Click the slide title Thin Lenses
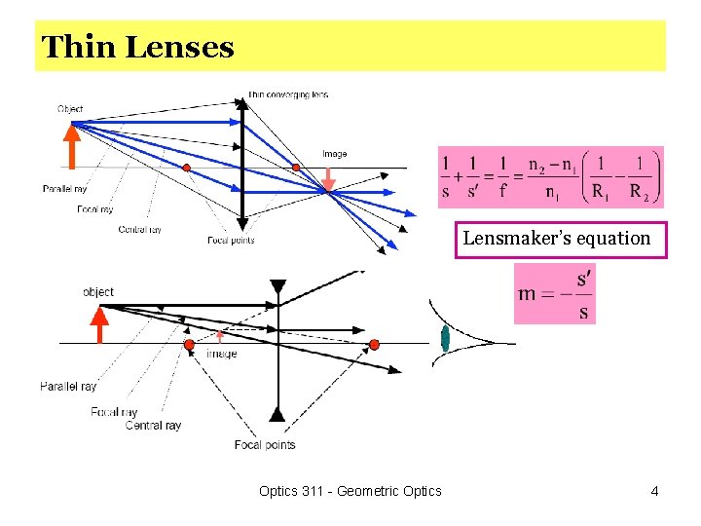[138, 47]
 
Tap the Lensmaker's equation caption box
[556, 239]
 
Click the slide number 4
[655, 491]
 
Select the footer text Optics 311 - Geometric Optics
[350, 491]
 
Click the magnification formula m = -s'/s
[555, 294]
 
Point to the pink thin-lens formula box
[550, 177]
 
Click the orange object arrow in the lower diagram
[99, 324]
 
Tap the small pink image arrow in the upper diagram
[329, 180]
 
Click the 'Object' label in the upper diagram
[70, 109]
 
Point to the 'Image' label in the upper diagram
[334, 154]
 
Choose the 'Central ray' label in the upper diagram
[139, 230]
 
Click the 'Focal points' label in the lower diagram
[264, 445]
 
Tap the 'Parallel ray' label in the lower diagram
[68, 387]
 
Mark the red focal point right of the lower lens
[374, 344]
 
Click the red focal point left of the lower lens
[189, 345]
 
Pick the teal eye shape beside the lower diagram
[445, 339]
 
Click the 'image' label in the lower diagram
[221, 355]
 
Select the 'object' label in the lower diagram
[98, 292]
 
